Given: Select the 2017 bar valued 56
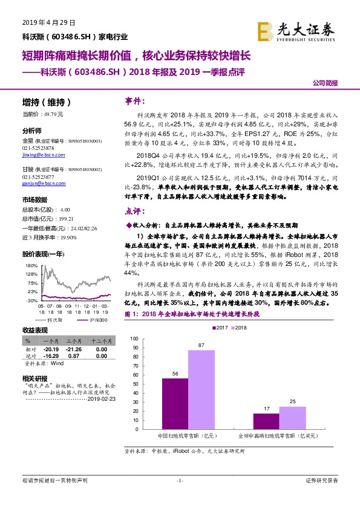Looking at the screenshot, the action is pos(175,403).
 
